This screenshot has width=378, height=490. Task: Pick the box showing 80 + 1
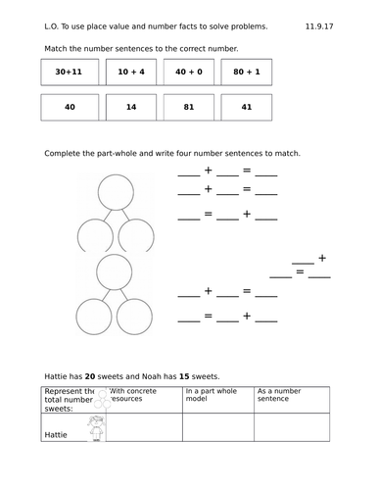[x=246, y=73]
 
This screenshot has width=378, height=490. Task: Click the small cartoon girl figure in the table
[x=97, y=427]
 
